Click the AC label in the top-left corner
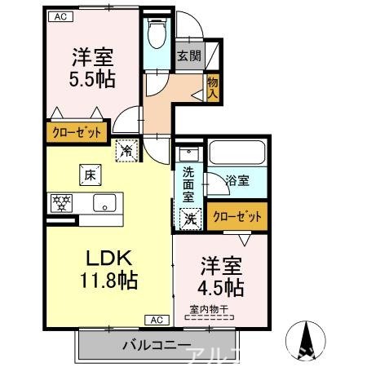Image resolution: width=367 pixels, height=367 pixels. pos(60,15)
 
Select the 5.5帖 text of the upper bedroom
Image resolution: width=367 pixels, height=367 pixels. pos(91,80)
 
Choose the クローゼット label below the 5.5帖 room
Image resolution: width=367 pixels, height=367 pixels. pos(78,131)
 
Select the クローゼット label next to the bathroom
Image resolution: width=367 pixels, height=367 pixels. pos(238,217)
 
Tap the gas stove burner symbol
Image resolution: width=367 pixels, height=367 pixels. pos(61,203)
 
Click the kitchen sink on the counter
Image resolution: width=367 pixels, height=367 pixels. pos(105,203)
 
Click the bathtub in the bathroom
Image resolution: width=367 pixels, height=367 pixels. pos(238,153)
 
